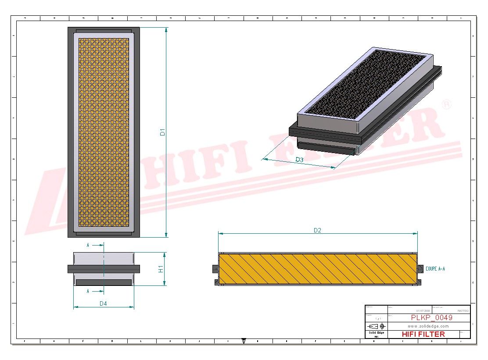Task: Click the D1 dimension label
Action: (x=162, y=132)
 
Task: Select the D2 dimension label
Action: (x=317, y=230)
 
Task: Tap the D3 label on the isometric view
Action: (x=299, y=160)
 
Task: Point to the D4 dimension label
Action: (x=104, y=303)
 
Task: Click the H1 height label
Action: (x=161, y=269)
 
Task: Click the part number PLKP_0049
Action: (x=431, y=317)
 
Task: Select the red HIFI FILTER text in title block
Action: (x=423, y=334)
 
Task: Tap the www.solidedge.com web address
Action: (x=428, y=326)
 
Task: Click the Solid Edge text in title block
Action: (x=376, y=333)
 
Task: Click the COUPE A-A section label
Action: (x=435, y=268)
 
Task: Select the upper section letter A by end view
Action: (x=88, y=246)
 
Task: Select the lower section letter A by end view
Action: (x=88, y=291)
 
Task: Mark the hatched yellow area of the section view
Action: (x=318, y=269)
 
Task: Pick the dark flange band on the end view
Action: (x=104, y=268)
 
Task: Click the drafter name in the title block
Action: (x=463, y=310)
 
